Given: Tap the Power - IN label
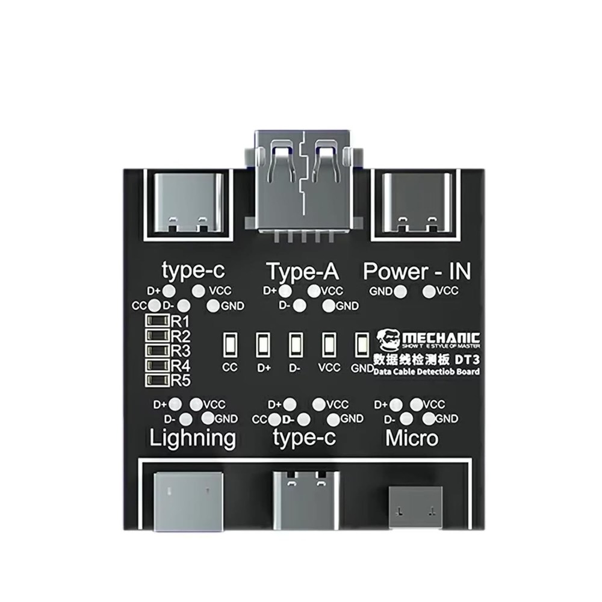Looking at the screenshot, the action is pos(417,272).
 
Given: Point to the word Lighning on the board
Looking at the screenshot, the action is pos(192,438).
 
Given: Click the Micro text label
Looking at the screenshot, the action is pos(412,438).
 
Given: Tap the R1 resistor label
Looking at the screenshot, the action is pos(181,320).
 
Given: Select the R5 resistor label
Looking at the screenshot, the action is pos(181,380).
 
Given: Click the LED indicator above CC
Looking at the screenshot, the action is pos(230,346).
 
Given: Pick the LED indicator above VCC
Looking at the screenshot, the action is pos(329,346).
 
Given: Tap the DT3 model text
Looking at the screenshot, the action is pos(467,360).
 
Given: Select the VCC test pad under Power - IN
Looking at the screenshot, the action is pos(429,291).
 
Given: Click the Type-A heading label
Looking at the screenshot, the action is pos(303,272).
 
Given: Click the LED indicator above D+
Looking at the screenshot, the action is pos(263,346).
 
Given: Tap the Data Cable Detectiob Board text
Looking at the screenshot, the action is pos(426,373).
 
